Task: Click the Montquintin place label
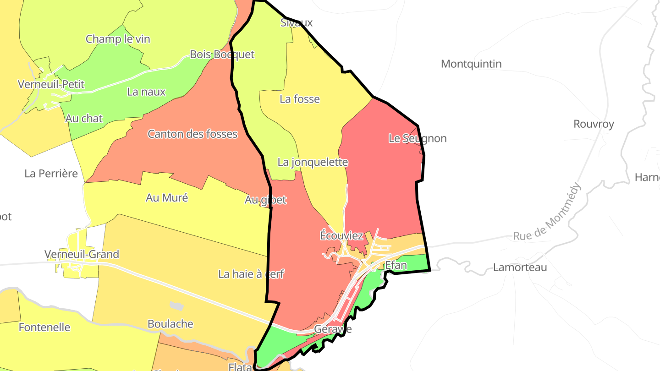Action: pyautogui.click(x=471, y=64)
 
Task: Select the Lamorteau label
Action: pyautogui.click(x=520, y=267)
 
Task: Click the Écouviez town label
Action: pyautogui.click(x=341, y=236)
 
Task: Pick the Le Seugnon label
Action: pyautogui.click(x=417, y=138)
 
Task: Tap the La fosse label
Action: pyautogui.click(x=300, y=99)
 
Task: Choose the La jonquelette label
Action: pyautogui.click(x=313, y=162)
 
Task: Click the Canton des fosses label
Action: pyautogui.click(x=192, y=134)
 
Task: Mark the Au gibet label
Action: pyautogui.click(x=265, y=200)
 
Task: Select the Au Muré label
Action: pyautogui.click(x=167, y=198)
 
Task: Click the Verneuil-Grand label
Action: pyautogui.click(x=82, y=254)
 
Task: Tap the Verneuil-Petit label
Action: pyautogui.click(x=51, y=84)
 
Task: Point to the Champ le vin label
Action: pyautogui.click(x=118, y=39)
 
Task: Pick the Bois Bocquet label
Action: pyautogui.click(x=222, y=55)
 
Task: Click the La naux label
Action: pyautogui.click(x=146, y=92)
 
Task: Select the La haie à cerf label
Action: pyautogui.click(x=251, y=274)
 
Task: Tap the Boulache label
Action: pyautogui.click(x=170, y=324)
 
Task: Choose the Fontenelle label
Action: pyautogui.click(x=44, y=327)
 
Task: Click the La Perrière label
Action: pyautogui.click(x=51, y=174)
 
